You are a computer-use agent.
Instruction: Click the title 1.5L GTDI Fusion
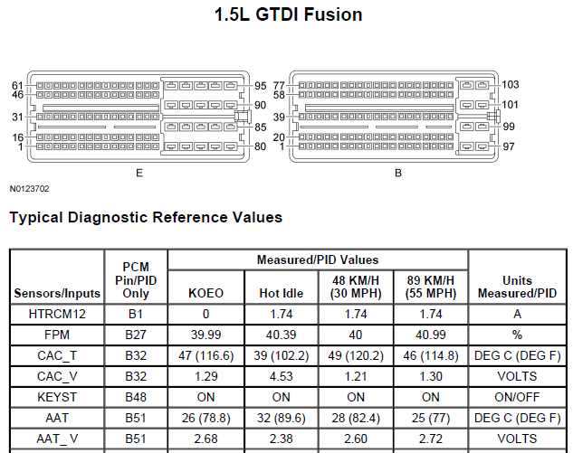click(288, 15)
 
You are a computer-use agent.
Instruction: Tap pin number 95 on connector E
click(260, 86)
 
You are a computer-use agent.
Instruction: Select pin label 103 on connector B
click(511, 85)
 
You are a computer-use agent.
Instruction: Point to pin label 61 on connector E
click(17, 86)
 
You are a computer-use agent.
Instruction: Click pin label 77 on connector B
click(279, 86)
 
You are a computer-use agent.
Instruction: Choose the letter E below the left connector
click(139, 173)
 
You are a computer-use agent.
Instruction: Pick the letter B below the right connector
click(398, 173)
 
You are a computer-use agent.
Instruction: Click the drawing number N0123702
click(29, 189)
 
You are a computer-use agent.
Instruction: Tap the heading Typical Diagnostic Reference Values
click(146, 217)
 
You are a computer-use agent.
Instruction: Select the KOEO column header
click(205, 293)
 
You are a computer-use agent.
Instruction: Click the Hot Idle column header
click(281, 293)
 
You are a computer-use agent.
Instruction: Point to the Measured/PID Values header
click(318, 260)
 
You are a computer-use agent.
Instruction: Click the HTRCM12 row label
click(57, 314)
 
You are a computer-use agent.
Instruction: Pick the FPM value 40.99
click(431, 335)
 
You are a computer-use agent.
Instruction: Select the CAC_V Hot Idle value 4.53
click(281, 376)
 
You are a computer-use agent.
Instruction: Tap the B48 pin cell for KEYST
click(136, 397)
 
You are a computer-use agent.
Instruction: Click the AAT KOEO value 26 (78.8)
click(205, 418)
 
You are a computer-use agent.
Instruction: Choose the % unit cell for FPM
click(517, 335)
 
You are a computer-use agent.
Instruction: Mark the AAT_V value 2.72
click(431, 439)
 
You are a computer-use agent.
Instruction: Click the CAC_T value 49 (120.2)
click(356, 355)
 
